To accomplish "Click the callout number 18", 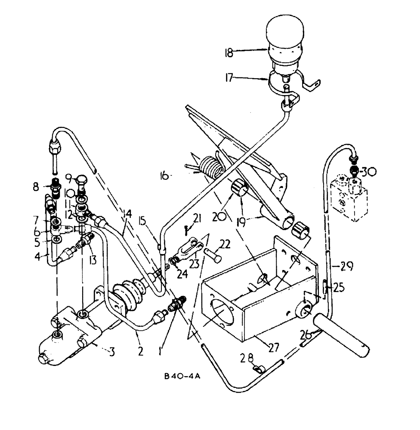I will (x=228, y=53).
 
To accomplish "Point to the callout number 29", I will (x=346, y=267).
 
